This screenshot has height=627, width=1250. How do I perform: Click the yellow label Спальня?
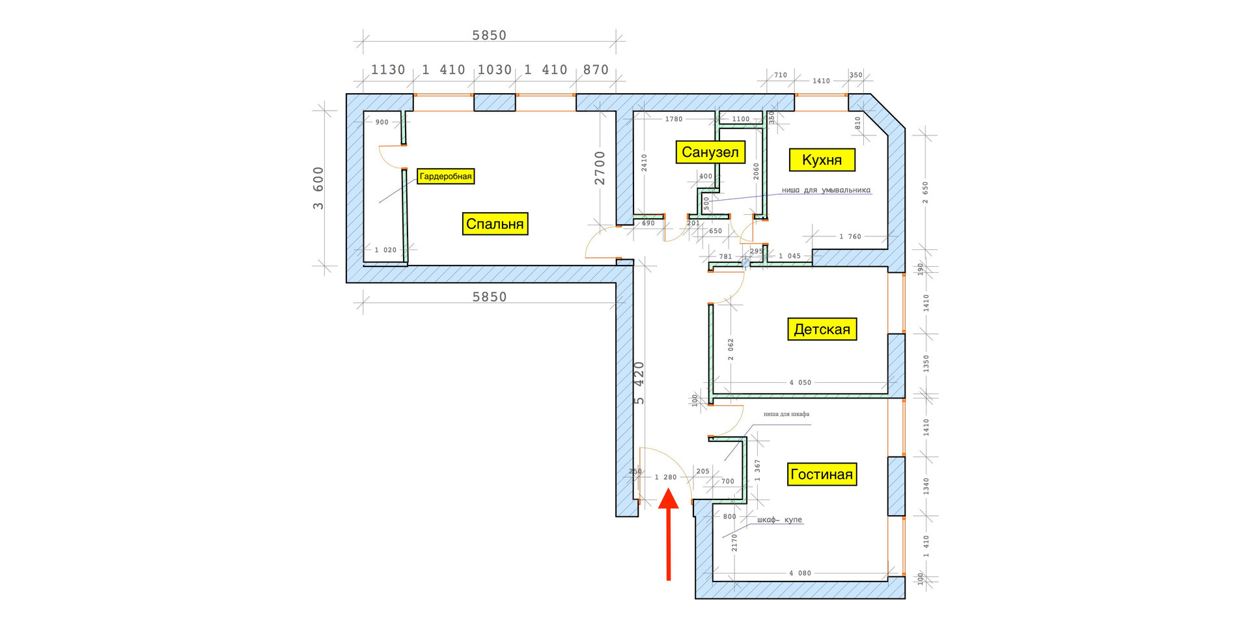[x=495, y=224]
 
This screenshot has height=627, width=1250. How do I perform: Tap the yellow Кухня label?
[x=822, y=160]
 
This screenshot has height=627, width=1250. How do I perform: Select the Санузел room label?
[x=710, y=152]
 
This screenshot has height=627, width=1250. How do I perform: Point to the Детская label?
[x=822, y=329]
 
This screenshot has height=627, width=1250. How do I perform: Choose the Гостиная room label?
[x=821, y=474]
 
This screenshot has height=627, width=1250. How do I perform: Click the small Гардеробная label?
[x=445, y=176]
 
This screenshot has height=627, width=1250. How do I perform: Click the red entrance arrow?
[x=669, y=534]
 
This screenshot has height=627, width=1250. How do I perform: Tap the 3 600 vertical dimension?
[x=318, y=188]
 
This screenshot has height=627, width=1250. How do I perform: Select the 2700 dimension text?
[x=600, y=168]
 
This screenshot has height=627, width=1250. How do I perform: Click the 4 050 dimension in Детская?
[x=800, y=382]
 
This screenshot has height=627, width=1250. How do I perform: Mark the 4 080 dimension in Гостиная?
[x=800, y=573]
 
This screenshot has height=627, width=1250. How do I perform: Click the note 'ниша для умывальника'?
[x=826, y=191]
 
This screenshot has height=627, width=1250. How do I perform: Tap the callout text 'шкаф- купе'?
[x=779, y=520]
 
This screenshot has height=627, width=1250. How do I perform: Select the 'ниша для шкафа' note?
[x=786, y=414]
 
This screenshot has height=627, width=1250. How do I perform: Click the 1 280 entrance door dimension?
[x=665, y=477]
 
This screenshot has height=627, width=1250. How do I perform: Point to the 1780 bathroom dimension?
[x=673, y=119]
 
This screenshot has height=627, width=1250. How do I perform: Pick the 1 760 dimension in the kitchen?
[x=850, y=236]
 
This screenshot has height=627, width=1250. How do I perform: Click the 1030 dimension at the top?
[x=495, y=70]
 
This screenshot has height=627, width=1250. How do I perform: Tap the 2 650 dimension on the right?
[x=926, y=192]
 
